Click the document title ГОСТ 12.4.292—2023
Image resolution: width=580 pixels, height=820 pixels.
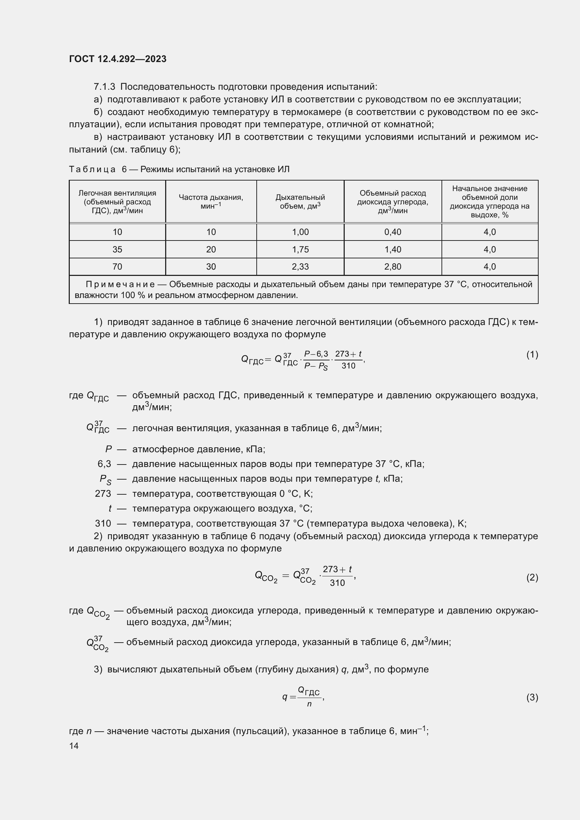click(x=117, y=59)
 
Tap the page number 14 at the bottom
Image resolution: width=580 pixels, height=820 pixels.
click(x=74, y=746)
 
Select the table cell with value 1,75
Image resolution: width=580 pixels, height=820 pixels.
click(x=300, y=249)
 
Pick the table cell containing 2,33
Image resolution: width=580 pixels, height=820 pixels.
click(x=300, y=266)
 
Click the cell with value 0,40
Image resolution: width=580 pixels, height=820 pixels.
click(x=392, y=232)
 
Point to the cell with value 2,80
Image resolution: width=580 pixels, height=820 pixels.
click(x=392, y=266)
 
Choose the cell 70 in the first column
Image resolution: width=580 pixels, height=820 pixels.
click(x=117, y=266)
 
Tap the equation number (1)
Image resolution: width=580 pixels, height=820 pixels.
click(x=532, y=355)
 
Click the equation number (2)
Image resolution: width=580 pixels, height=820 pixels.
click(x=532, y=577)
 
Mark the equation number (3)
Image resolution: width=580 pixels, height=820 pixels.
click(x=532, y=697)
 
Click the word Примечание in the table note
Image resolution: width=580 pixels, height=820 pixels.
click(x=120, y=284)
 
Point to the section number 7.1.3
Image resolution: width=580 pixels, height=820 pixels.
click(x=104, y=87)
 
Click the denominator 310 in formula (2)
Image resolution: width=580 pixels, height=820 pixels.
click(x=337, y=583)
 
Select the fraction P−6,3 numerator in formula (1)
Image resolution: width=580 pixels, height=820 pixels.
click(x=316, y=354)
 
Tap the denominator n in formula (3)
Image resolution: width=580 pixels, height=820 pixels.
click(x=309, y=704)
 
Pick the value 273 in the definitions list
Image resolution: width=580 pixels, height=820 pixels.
click(x=103, y=494)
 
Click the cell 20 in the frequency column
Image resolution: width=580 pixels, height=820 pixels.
click(x=211, y=249)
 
